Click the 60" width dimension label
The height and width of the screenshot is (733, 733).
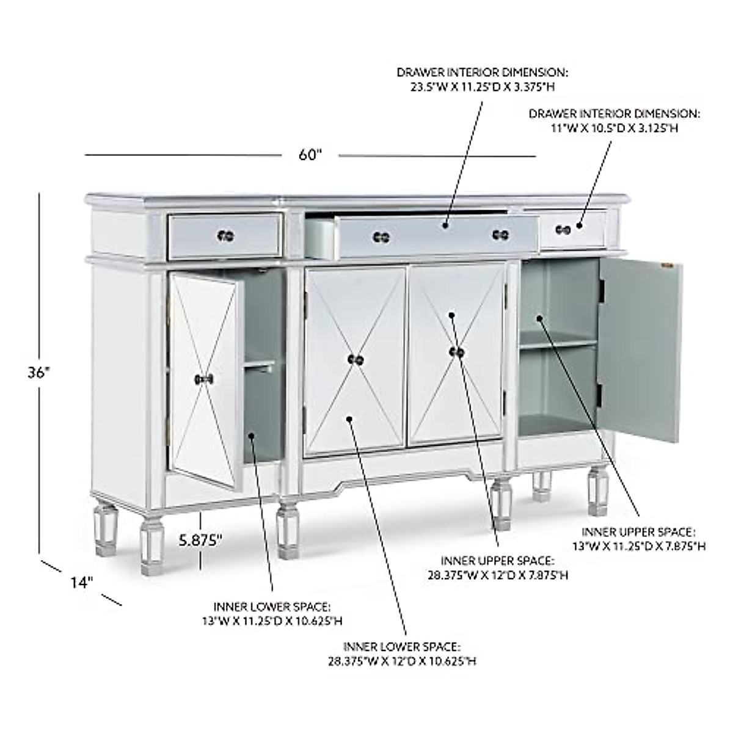pos(310,155)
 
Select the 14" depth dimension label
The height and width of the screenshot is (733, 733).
pos(80,583)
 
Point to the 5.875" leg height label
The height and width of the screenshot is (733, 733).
pos(200,539)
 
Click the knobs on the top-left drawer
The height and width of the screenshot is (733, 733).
pos(225,235)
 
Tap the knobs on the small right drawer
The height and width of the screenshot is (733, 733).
pos(563,229)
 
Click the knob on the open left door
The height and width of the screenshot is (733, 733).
pos(204,379)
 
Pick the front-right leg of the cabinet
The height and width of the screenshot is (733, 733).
pos(501,504)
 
